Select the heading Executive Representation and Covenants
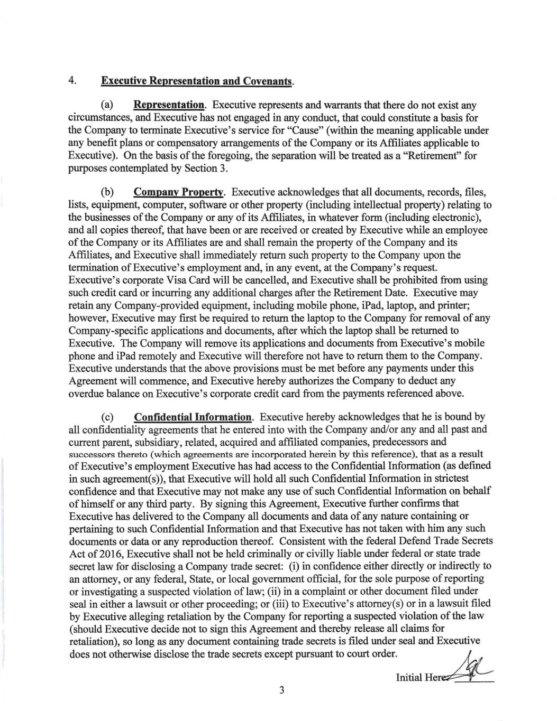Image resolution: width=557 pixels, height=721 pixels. pos(197,81)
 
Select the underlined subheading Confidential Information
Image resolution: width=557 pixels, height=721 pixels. pos(193,417)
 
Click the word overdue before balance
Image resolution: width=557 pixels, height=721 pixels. pos(86,394)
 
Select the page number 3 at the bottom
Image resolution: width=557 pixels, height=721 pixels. pos(282,690)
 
